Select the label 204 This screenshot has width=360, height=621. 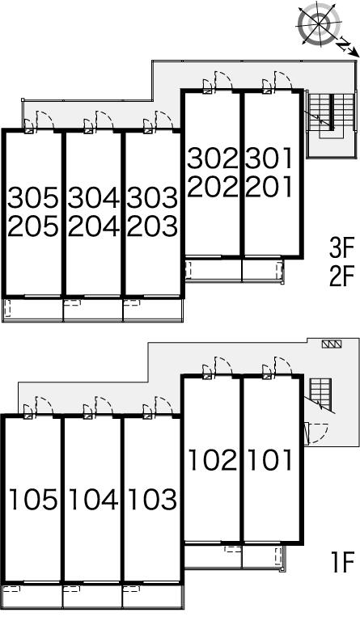pyautogui.click(x=94, y=226)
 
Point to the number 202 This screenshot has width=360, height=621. pyautogui.click(x=213, y=186)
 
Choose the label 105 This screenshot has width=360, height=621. pyautogui.click(x=33, y=499)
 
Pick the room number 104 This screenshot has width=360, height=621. pyautogui.click(x=94, y=499)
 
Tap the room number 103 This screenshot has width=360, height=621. pyautogui.click(x=153, y=499)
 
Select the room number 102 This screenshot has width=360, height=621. pyautogui.click(x=213, y=460)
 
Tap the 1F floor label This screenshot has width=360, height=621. pyautogui.click(x=342, y=563)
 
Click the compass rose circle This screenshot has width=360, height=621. pyautogui.click(x=320, y=24)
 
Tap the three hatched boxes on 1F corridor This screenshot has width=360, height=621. pyautogui.click(x=332, y=344)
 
